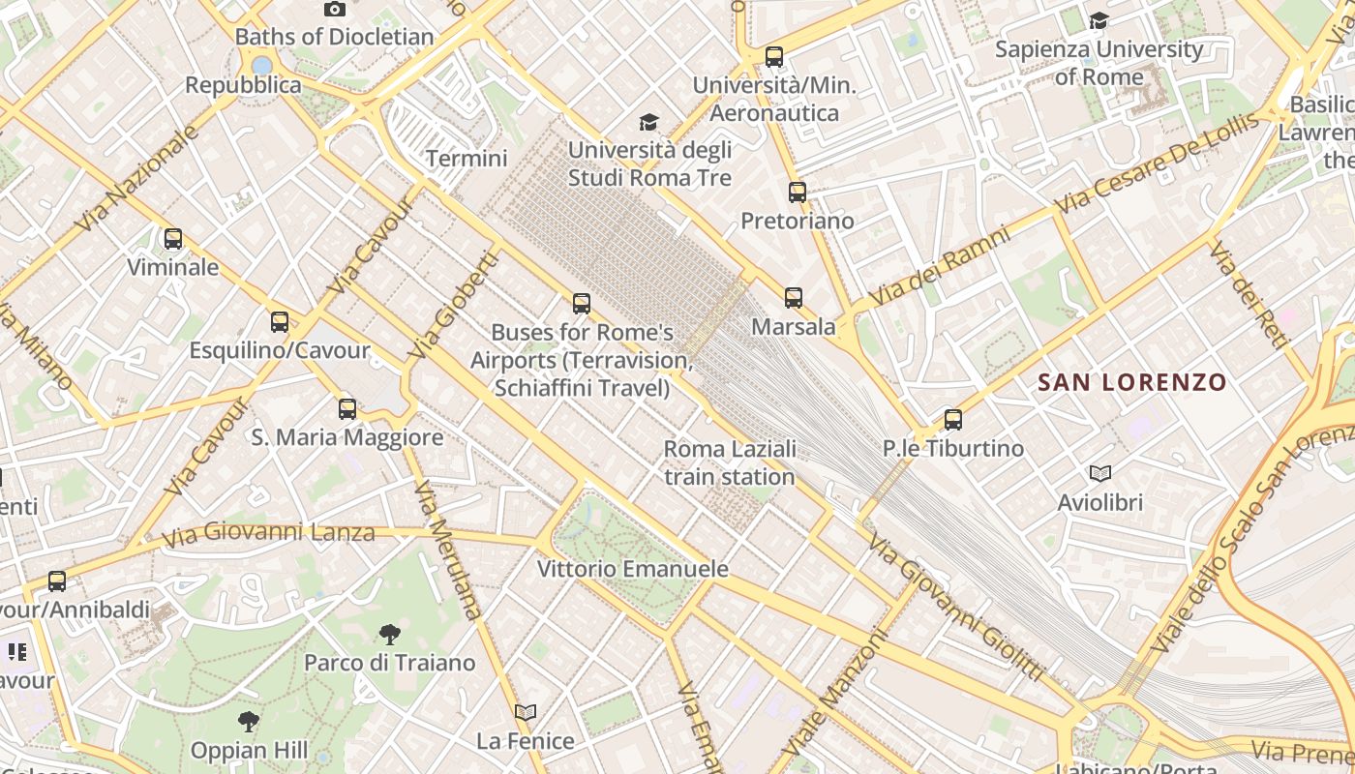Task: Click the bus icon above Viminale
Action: coord(173,238)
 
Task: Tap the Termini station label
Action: coord(467,159)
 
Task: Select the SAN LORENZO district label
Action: coord(1131,382)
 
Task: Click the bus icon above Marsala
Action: coord(794,298)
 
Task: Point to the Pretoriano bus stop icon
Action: coord(797,192)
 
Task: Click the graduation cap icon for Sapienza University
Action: coord(1099,20)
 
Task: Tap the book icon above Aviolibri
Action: coord(1099,473)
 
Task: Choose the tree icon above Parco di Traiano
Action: coord(389,634)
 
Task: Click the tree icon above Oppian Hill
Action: coord(249,721)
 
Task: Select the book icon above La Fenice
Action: coord(526,712)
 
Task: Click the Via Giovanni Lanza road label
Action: coord(268,533)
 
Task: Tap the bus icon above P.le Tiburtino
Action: coord(953,419)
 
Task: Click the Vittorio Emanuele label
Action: coord(632,569)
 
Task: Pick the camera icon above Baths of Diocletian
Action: coord(335,9)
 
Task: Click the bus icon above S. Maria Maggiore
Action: coord(347,408)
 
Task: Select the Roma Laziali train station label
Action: coord(730,462)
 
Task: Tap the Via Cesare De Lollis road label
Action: coord(1158,163)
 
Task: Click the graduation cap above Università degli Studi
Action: coord(648,122)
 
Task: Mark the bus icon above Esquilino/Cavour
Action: coord(280,321)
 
